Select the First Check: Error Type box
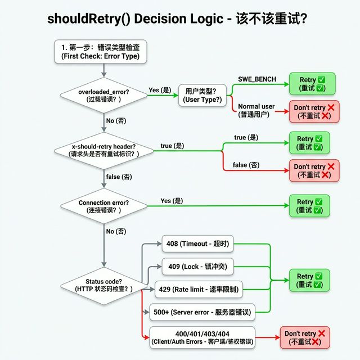tap(101, 52)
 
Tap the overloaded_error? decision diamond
tap(103, 96)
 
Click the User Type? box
tap(202, 95)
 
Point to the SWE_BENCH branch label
tap(257, 79)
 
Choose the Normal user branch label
tap(256, 110)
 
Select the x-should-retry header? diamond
tap(103, 151)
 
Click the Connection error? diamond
tap(103, 206)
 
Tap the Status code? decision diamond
tap(103, 286)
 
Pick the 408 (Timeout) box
tap(197, 244)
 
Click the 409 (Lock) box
tap(197, 267)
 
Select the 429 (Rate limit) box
tap(199, 289)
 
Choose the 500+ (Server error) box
tap(202, 312)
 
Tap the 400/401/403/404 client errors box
tap(202, 337)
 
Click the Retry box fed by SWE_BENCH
tap(312, 84)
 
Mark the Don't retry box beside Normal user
tap(314, 111)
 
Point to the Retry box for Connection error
tap(309, 206)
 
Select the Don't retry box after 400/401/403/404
tap(305, 337)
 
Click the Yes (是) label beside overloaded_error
tap(160, 90)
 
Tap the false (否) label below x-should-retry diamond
tap(119, 177)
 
